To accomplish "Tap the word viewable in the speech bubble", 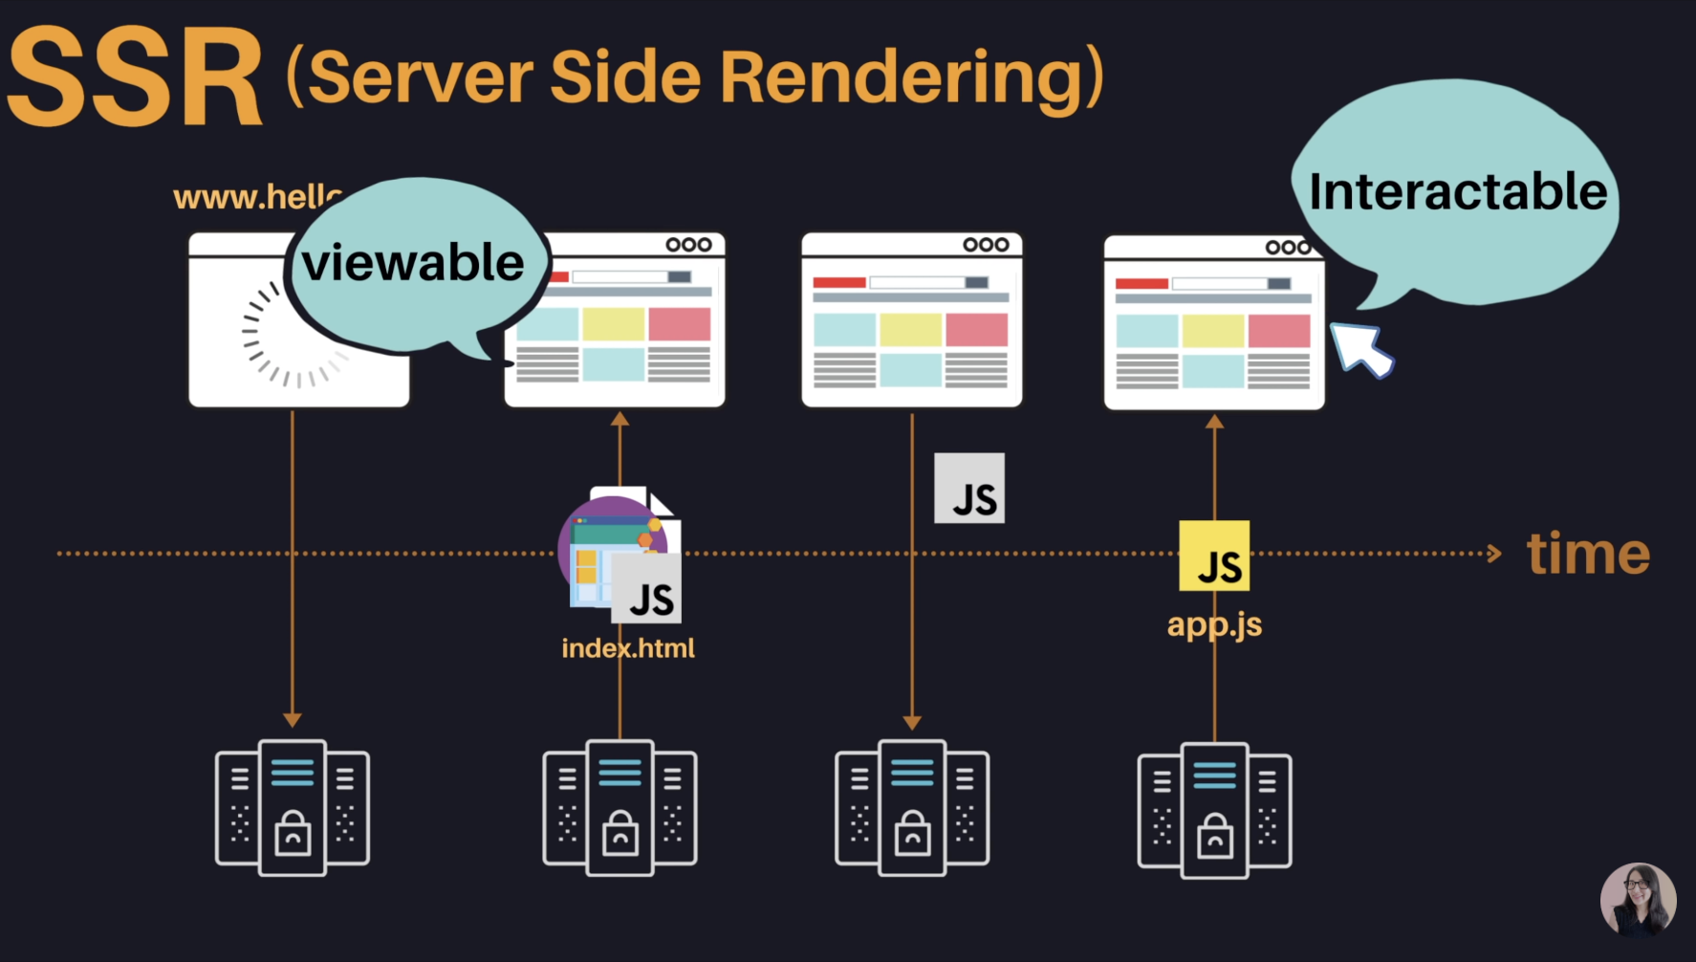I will (x=413, y=262).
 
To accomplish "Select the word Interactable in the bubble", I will (x=1457, y=191).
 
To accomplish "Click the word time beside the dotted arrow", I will (x=1588, y=554).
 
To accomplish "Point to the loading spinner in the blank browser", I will (x=292, y=335).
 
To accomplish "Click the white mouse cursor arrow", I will (x=1360, y=349).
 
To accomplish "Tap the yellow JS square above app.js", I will (x=1214, y=556).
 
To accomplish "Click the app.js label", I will (x=1214, y=624).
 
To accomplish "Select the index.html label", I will (x=628, y=648).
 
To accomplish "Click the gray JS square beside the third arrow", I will (x=969, y=489).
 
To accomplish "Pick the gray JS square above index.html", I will (x=646, y=589).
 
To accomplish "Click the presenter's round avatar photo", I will (x=1638, y=900).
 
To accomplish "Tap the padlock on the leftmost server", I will (x=293, y=833).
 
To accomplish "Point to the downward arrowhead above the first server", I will (x=293, y=719).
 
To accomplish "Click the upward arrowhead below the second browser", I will (x=620, y=419).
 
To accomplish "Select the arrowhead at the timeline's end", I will (x=1494, y=554).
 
